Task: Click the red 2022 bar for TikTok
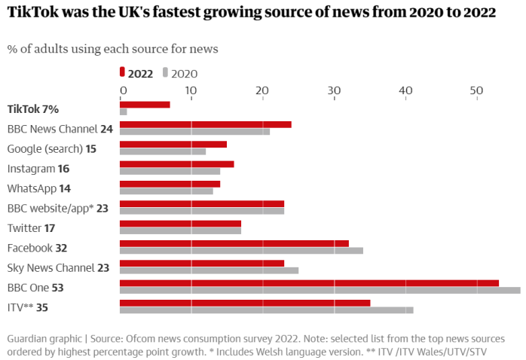coord(145,104)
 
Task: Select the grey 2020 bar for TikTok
coord(124,111)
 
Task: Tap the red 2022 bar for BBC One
coord(309,283)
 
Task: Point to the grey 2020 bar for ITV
coord(266,310)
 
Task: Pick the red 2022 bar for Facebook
coord(234,243)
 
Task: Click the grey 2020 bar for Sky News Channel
coord(209,270)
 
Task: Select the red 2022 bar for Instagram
coord(176,164)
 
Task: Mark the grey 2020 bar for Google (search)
coord(163,151)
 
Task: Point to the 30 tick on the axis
coord(334,90)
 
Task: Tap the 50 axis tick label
coord(476,90)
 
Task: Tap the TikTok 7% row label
coord(32,108)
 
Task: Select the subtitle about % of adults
coord(112,49)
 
